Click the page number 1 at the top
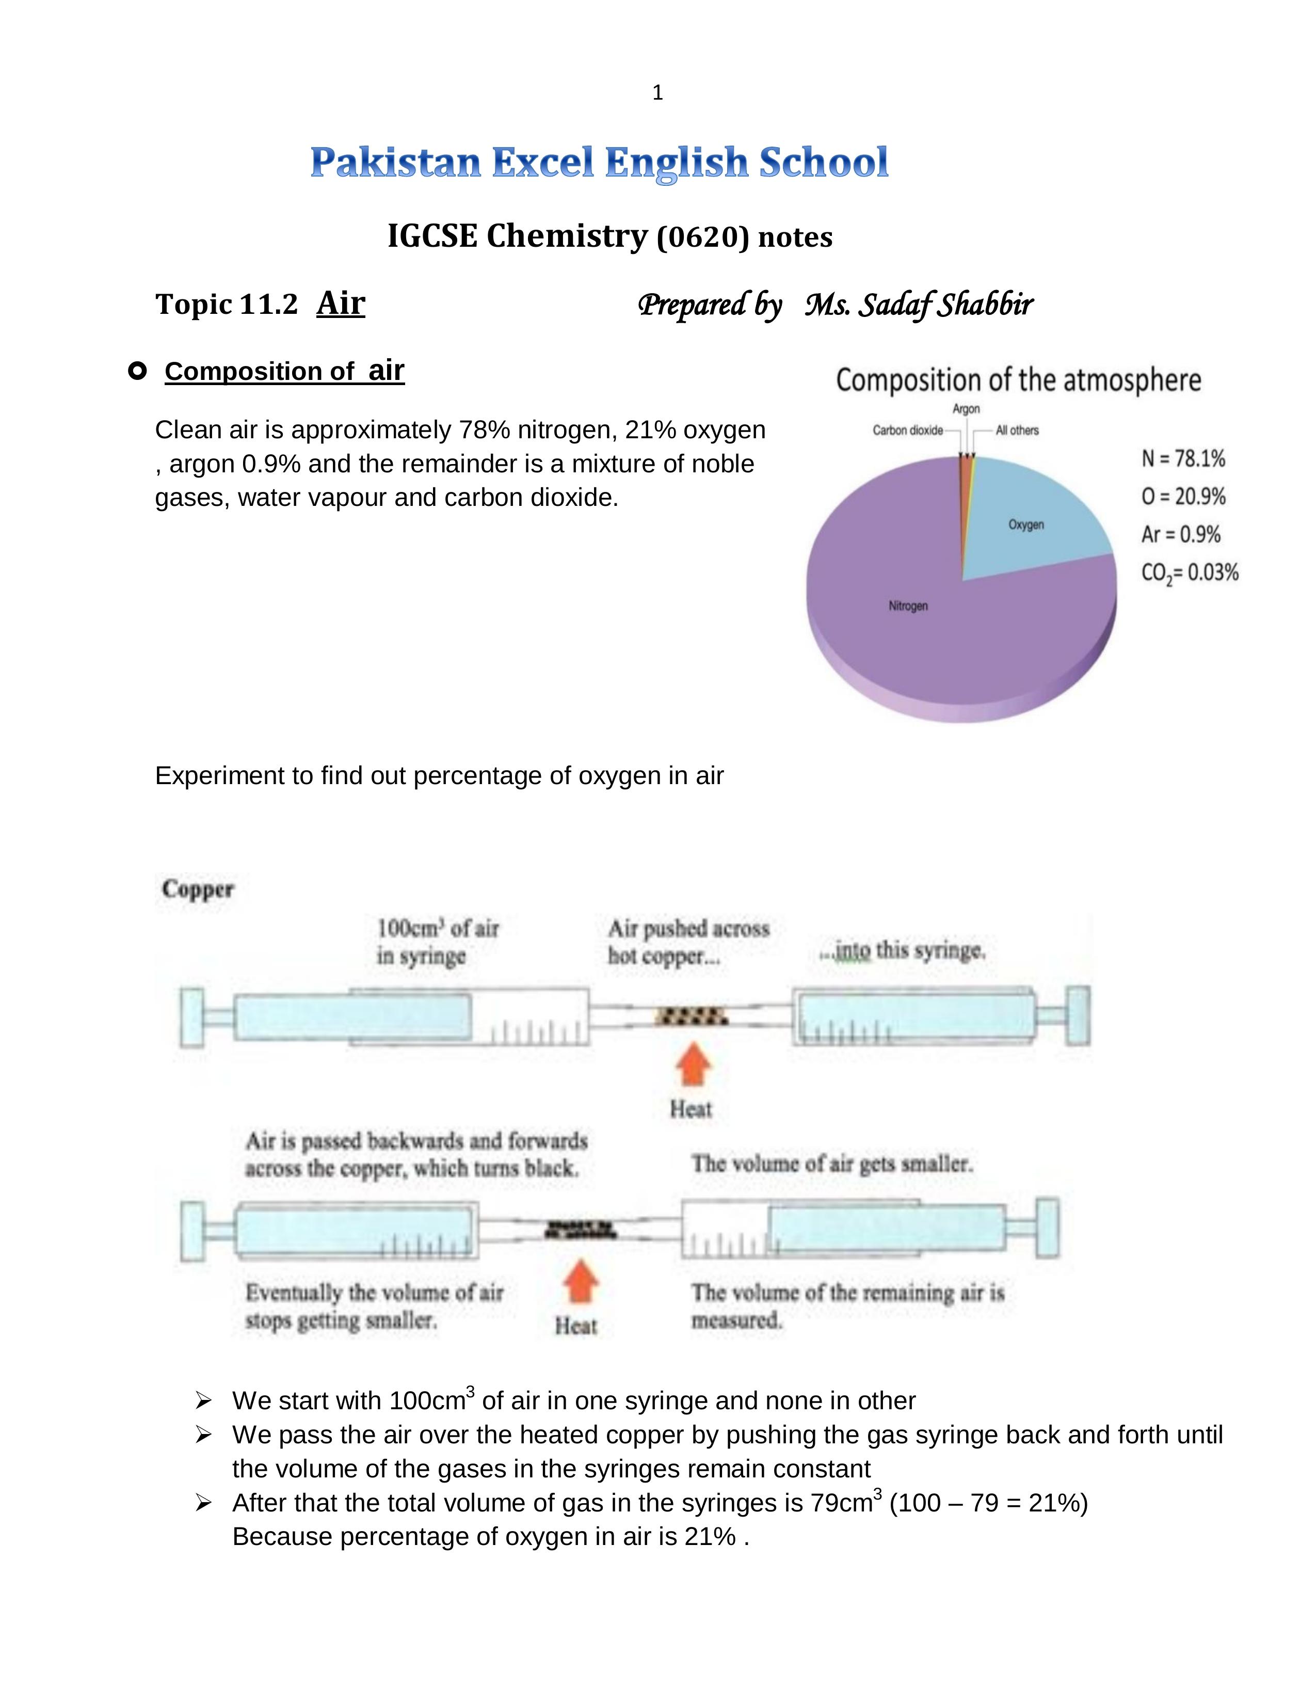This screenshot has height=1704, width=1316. pos(657,93)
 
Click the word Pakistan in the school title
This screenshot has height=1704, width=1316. pos(395,163)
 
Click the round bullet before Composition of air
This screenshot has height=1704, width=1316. pos(137,371)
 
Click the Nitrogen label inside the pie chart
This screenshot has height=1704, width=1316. pos(908,606)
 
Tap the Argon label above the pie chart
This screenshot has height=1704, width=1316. pos(966,409)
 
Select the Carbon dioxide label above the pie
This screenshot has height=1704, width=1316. pos(907,431)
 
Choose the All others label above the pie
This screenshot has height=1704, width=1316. pos(1017,431)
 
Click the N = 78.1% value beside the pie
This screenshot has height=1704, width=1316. pos(1183,459)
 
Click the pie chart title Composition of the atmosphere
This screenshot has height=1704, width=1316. pos(1018,381)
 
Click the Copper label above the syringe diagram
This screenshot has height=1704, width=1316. pos(198,889)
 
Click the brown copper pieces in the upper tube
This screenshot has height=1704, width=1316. pos(691,1016)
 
